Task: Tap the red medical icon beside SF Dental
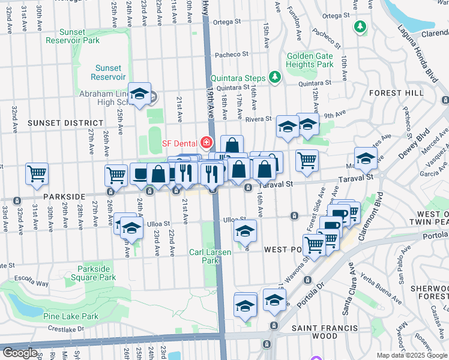(206, 142)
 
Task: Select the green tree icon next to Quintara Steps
(275, 77)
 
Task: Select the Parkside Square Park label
(97, 273)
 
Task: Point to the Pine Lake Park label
(70, 316)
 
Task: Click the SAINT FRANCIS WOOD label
(325, 328)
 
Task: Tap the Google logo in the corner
(20, 353)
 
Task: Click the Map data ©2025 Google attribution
(412, 355)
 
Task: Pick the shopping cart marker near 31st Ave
(37, 173)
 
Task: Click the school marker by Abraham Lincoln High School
(140, 94)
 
